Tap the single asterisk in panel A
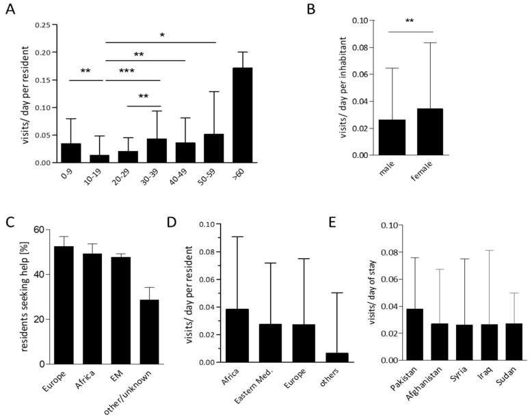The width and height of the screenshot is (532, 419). (x=161, y=35)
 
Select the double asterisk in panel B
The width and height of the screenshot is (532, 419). (x=409, y=22)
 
